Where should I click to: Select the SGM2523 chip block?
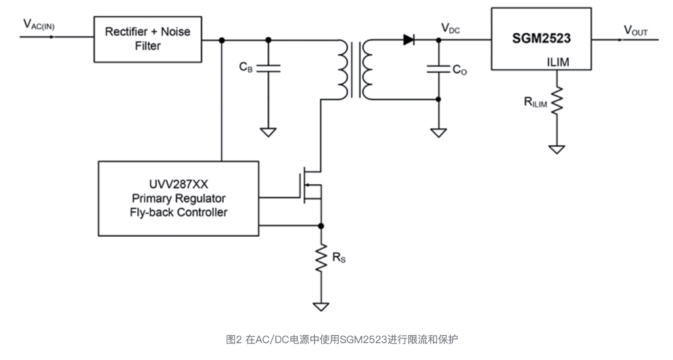[541, 39]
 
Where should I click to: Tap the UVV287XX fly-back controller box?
[178, 198]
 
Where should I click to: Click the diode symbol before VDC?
[408, 40]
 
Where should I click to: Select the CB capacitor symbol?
[268, 68]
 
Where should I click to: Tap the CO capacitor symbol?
[438, 68]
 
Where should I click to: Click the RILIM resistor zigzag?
[557, 102]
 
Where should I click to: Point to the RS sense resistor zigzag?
[321, 259]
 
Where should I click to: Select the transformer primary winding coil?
[343, 69]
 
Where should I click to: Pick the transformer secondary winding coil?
[366, 69]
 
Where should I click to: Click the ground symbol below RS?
[321, 306]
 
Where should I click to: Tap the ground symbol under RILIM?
[557, 149]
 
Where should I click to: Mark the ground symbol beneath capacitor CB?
[268, 131]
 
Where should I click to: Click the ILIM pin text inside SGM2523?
[559, 62]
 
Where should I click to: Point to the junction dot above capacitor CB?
[268, 40]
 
